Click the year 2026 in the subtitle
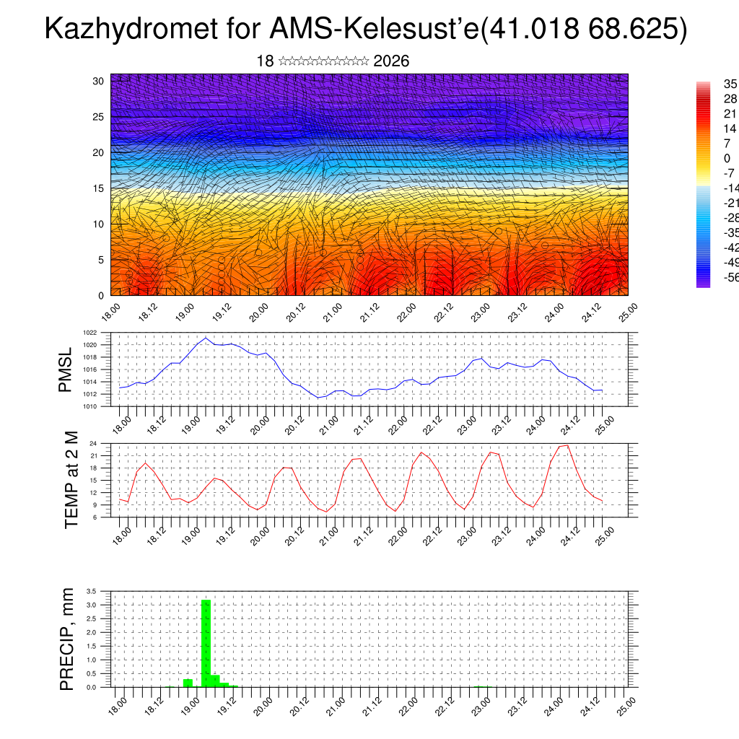pos(391,61)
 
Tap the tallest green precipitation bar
pos(206,642)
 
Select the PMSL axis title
pos(66,369)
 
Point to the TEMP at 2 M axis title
pos(71,479)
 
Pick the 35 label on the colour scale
pos(710,84)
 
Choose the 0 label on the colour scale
pos(707,159)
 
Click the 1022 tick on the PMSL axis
pos(89,333)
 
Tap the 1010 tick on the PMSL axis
pos(89,406)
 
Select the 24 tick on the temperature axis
pos(94,443)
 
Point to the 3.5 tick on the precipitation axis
pos(92,591)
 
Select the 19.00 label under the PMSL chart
pos(191,424)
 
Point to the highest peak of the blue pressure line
pos(206,338)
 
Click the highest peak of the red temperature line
pos(568,445)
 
